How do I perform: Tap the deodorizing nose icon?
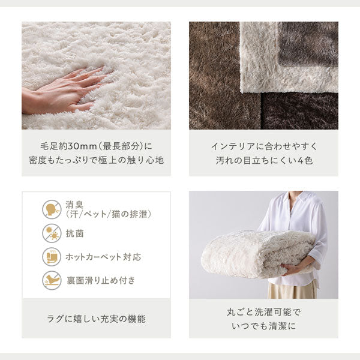pyautogui.click(x=52, y=209)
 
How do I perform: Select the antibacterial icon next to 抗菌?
pyautogui.click(x=52, y=233)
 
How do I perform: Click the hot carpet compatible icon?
pyautogui.click(x=52, y=256)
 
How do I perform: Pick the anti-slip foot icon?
pyautogui.click(x=52, y=280)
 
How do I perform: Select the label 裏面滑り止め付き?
pyautogui.click(x=101, y=280)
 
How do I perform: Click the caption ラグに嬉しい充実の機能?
pyautogui.click(x=96, y=319)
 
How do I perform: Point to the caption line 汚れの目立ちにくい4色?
pyautogui.click(x=263, y=160)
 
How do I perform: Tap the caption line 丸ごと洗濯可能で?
pyautogui.click(x=263, y=312)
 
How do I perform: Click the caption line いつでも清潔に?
pyautogui.click(x=263, y=326)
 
